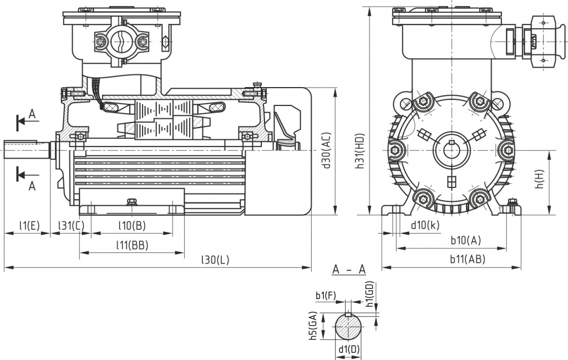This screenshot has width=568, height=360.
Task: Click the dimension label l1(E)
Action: point(28,225)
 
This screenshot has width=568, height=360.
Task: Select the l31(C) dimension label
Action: point(72,225)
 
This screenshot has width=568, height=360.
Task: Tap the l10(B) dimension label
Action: point(132,225)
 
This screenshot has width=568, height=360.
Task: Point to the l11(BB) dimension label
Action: point(132,245)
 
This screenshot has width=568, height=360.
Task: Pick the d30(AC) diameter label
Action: point(327,150)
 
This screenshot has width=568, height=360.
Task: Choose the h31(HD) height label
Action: point(361,150)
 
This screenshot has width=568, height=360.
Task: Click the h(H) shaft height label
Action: point(539,181)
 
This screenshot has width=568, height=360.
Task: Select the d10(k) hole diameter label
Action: point(425,225)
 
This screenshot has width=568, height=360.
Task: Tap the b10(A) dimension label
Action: point(465,240)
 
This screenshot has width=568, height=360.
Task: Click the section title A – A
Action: point(349,270)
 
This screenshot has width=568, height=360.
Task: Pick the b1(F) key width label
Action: point(326,296)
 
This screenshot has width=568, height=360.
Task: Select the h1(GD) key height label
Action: point(371,294)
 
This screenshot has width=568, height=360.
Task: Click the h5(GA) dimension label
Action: point(314,327)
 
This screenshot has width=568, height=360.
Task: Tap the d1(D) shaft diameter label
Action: point(349,350)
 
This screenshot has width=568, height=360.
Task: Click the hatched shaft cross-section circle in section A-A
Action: point(348,327)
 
